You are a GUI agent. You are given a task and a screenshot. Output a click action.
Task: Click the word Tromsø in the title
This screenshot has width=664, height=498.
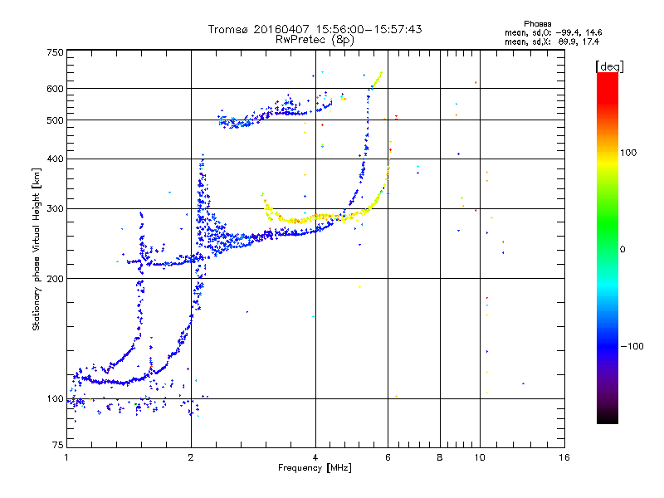(x=228, y=29)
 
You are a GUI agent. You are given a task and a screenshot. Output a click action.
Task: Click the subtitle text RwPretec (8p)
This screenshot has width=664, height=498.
(x=315, y=39)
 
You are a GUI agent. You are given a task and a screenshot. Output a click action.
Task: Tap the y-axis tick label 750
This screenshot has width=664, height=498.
(x=55, y=52)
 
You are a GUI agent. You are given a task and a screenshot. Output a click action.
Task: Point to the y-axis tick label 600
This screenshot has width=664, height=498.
(x=55, y=89)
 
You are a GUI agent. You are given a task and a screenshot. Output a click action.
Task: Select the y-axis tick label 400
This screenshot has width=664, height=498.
(x=55, y=159)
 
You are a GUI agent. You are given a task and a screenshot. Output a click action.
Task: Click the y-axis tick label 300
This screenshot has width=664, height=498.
(x=55, y=208)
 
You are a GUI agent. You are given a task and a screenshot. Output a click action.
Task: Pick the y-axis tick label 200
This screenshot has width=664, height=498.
(x=55, y=279)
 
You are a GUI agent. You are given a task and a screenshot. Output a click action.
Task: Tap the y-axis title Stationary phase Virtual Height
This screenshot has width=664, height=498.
(x=37, y=250)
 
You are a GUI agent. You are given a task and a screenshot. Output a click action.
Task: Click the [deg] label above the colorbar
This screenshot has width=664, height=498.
(x=609, y=66)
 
